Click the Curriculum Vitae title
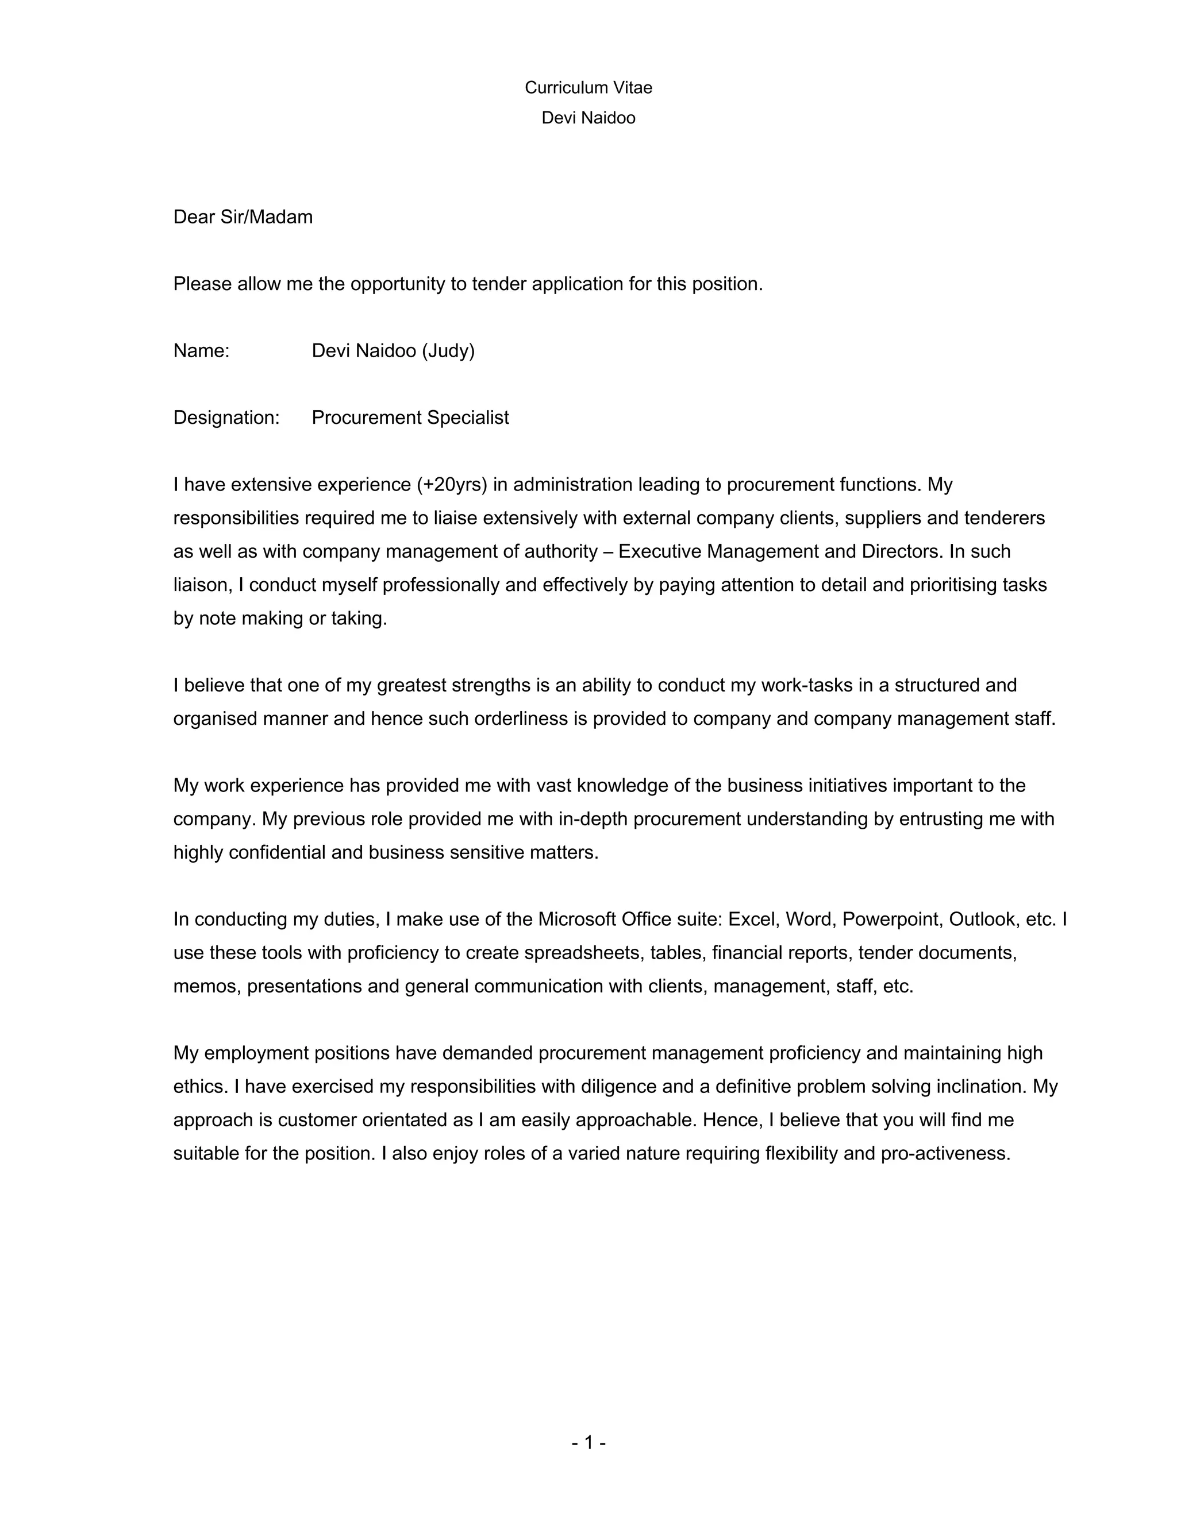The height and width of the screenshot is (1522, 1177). click(x=588, y=88)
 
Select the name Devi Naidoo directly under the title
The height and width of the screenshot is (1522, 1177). click(x=588, y=118)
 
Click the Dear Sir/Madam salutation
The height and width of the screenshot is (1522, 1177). click(x=243, y=218)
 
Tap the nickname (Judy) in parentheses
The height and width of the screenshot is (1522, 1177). click(x=448, y=351)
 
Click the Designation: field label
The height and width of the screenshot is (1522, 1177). click(x=226, y=418)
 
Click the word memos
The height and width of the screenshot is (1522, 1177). click(x=206, y=987)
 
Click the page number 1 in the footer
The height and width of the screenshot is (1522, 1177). click(x=588, y=1443)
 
